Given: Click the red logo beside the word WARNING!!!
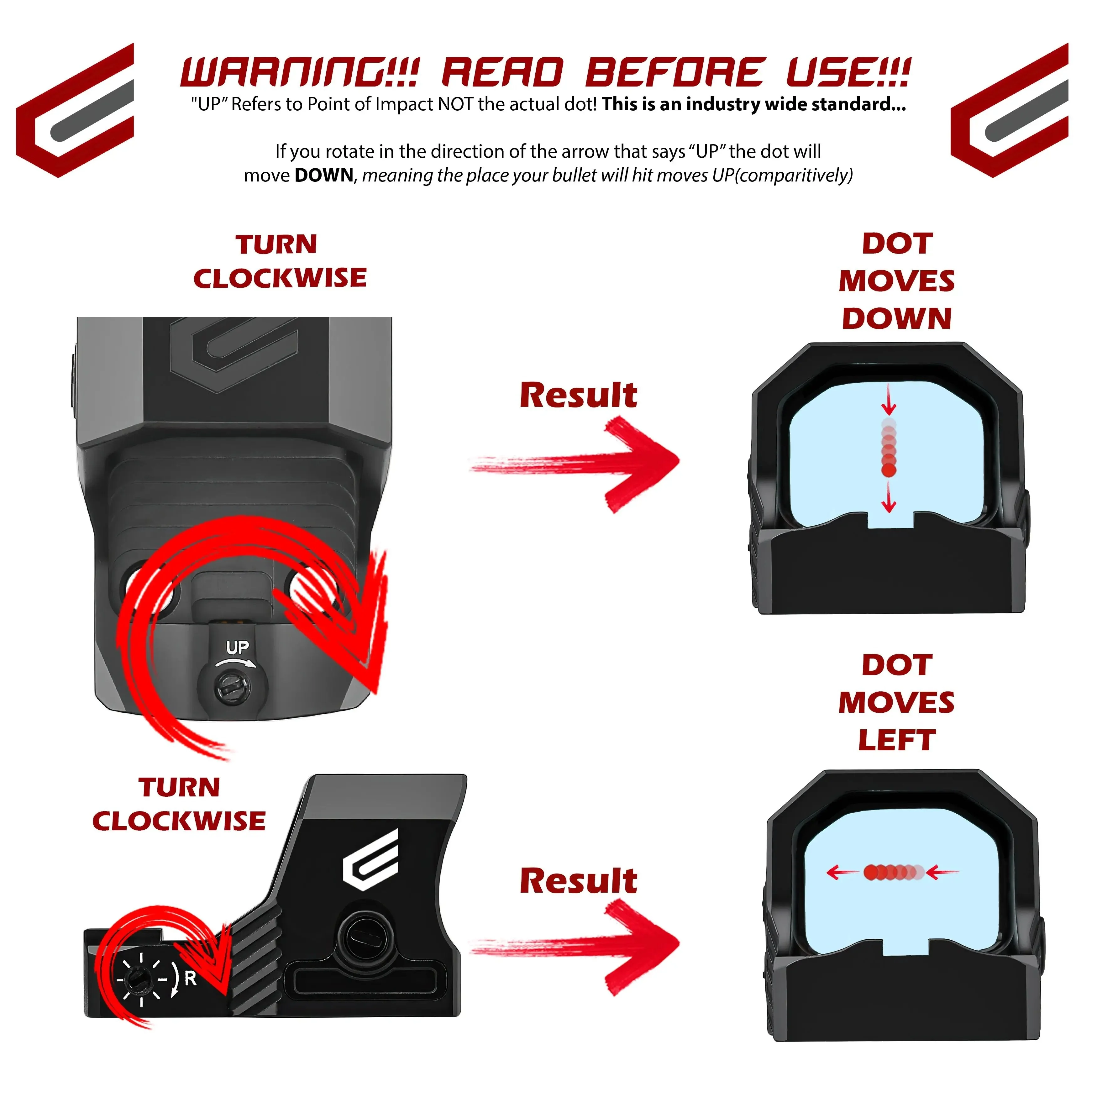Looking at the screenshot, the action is pyautogui.click(x=75, y=110).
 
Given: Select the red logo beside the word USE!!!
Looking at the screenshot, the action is pyautogui.click(x=1010, y=110).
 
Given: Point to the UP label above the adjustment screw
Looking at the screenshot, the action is pyautogui.click(x=237, y=647).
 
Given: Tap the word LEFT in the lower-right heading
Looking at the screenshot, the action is pyautogui.click(x=897, y=740).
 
